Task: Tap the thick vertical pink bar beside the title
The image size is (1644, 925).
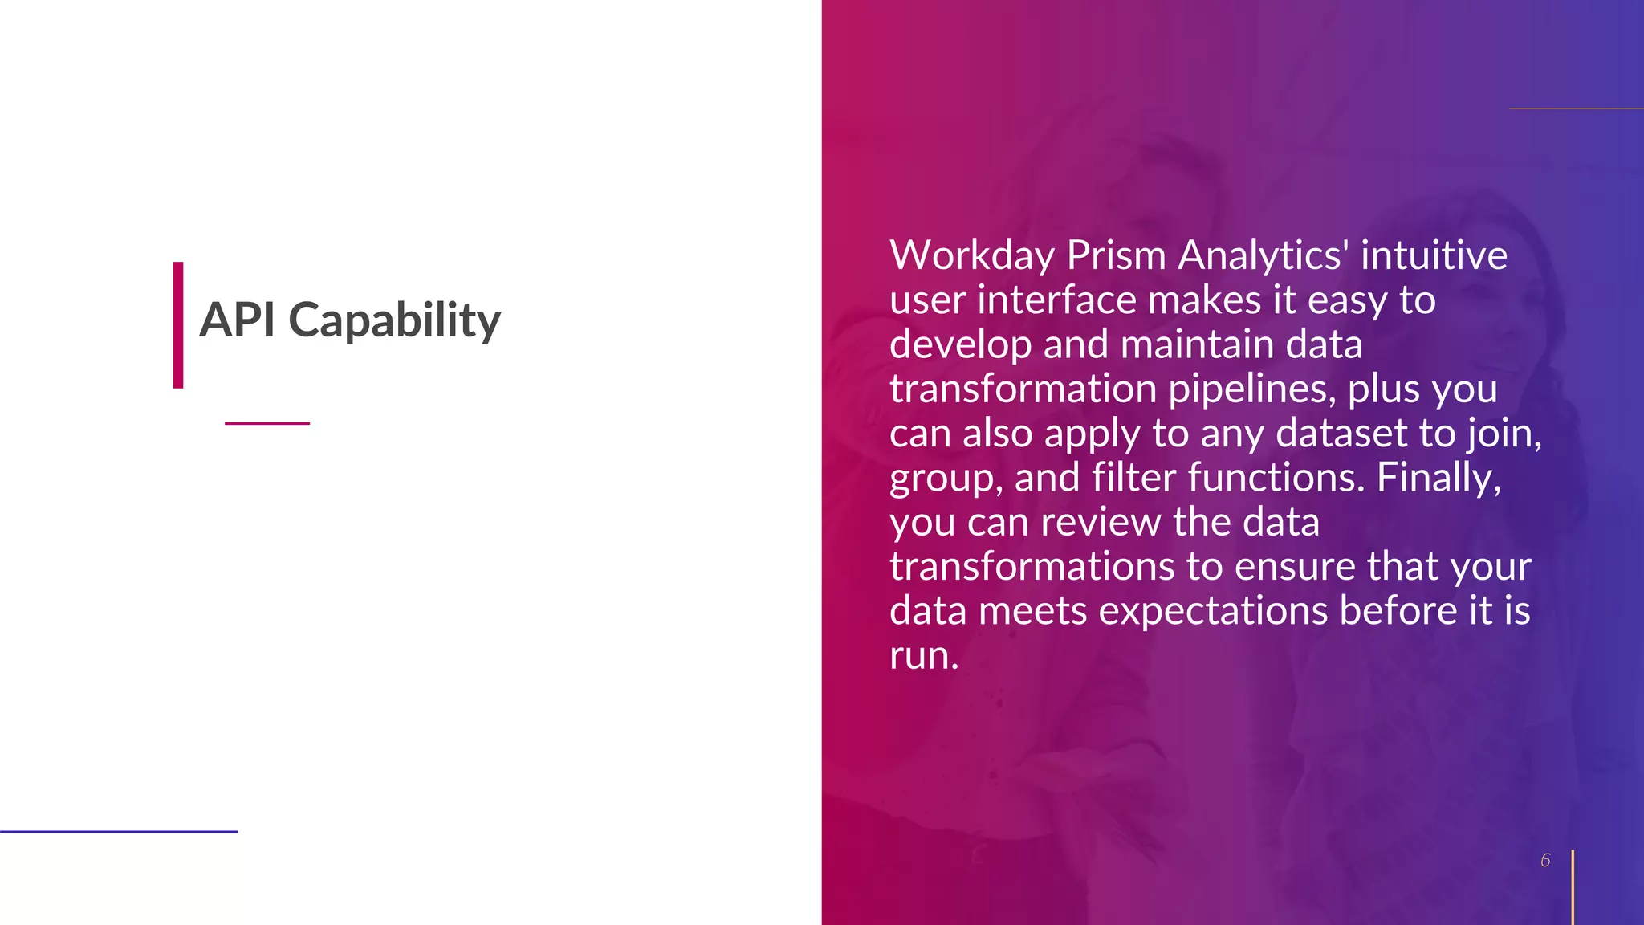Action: (x=178, y=325)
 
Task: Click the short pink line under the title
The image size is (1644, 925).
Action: (x=267, y=423)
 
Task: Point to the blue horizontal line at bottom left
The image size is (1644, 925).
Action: (x=119, y=832)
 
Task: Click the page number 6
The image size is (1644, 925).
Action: (x=1545, y=861)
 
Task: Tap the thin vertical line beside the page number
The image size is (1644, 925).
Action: (x=1573, y=886)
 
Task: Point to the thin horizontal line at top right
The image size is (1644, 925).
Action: (x=1576, y=108)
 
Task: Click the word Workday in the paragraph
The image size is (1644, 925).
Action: (x=971, y=256)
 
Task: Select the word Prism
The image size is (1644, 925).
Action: (x=1116, y=256)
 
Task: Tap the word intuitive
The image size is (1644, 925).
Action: (x=1434, y=256)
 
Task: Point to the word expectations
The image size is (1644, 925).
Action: (x=1213, y=612)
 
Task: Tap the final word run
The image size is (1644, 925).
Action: (x=923, y=656)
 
